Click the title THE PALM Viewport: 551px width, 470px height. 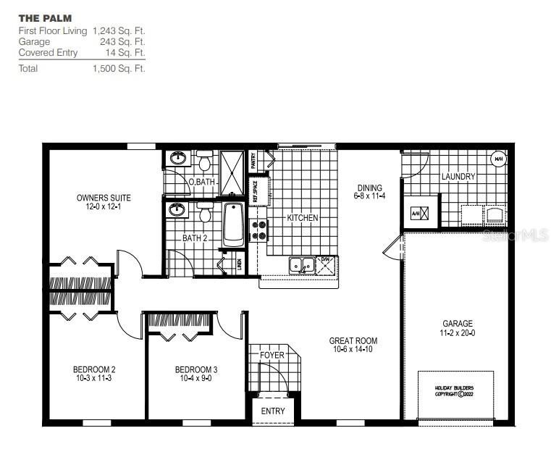[x=45, y=17]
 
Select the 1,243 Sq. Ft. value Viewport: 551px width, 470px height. [x=119, y=31]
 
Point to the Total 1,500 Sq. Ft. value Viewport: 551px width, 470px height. [x=119, y=69]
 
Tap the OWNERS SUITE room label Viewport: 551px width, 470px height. [x=104, y=201]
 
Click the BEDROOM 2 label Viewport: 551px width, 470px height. [x=95, y=373]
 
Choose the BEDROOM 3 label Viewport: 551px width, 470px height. [x=196, y=373]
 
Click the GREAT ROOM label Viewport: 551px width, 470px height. [x=353, y=345]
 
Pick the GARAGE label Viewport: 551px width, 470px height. [x=458, y=327]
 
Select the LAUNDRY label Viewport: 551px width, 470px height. [x=458, y=177]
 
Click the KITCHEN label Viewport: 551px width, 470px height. [x=302, y=218]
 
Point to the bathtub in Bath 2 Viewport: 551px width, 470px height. [x=234, y=224]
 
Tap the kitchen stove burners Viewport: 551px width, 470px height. [x=258, y=230]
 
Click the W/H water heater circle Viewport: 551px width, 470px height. [x=498, y=159]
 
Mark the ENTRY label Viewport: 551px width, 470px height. [x=274, y=411]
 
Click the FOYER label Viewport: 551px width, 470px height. [x=272, y=356]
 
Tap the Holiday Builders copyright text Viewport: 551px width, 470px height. [x=454, y=392]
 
